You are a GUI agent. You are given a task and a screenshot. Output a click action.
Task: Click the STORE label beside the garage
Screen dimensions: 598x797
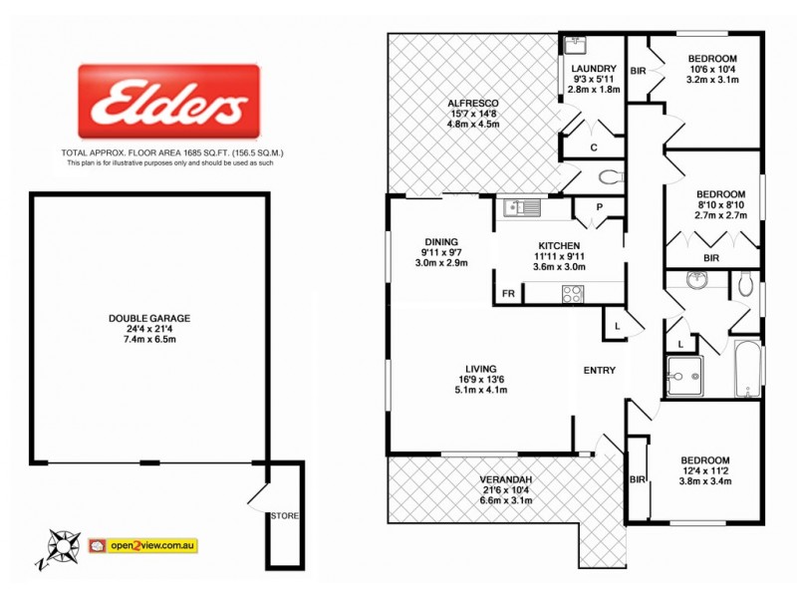pos(283,515)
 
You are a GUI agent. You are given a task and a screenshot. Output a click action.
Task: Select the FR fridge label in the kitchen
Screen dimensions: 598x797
pos(507,294)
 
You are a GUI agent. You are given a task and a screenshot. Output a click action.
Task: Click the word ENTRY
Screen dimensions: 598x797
pos(600,371)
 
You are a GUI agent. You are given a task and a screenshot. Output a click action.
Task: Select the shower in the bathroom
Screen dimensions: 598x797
pos(684,377)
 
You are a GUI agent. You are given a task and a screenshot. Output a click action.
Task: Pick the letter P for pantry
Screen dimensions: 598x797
pos(600,208)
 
